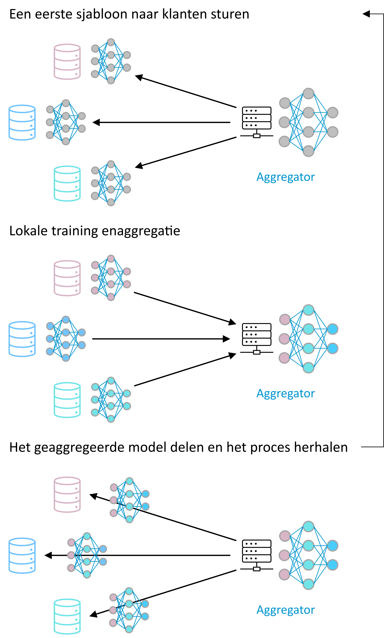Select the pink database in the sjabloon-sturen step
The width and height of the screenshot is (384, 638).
(67, 62)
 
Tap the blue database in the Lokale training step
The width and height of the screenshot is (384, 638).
(22, 339)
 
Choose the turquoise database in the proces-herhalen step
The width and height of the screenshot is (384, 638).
(67, 617)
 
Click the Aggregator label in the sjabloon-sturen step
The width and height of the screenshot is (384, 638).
(285, 177)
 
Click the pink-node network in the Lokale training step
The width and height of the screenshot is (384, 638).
(111, 278)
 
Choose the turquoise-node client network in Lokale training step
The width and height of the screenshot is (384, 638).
(111, 400)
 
